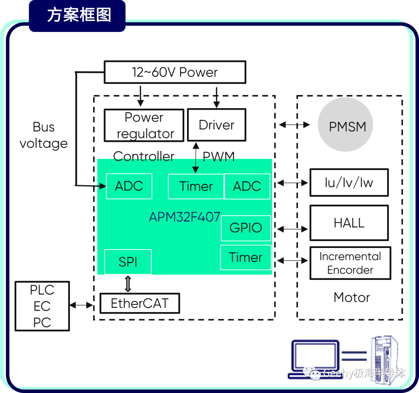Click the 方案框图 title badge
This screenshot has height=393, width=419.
coord(77,16)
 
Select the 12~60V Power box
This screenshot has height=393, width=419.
coord(175,72)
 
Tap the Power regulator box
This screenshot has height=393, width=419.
coord(144,126)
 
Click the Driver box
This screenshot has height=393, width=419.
coord(216,125)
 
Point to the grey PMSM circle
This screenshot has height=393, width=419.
coord(345,125)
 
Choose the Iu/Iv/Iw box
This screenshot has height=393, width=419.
coord(349,183)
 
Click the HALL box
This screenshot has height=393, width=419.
coord(349,223)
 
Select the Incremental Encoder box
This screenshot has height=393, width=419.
coord(350,263)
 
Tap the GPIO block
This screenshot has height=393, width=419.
coord(246,228)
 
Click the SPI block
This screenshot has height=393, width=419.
coord(128,262)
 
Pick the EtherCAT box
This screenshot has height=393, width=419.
coord(140,303)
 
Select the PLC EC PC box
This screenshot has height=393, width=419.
coord(42,306)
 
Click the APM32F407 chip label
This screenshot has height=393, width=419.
coord(185,217)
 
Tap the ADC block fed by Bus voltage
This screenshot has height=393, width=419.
coord(129,186)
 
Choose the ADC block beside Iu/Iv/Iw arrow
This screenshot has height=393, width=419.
coord(247,187)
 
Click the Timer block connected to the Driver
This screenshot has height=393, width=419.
coord(196,187)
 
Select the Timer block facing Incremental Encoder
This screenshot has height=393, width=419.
coord(246,257)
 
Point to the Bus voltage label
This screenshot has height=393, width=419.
coord(44,135)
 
